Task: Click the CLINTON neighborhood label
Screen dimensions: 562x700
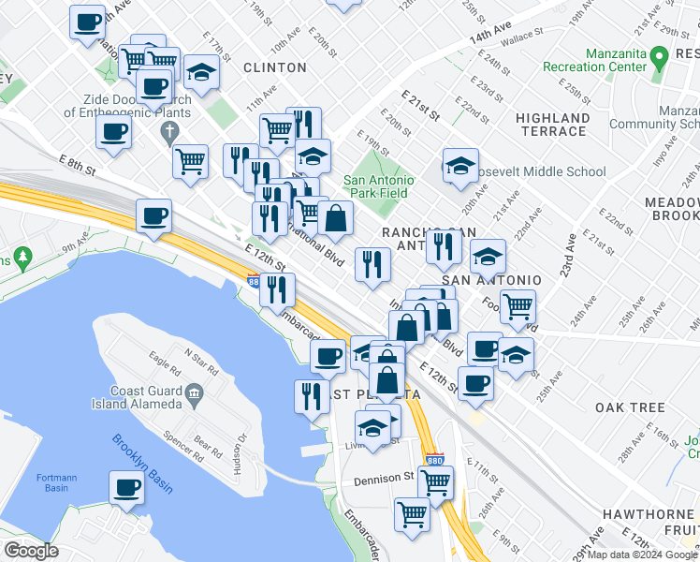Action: (x=275, y=67)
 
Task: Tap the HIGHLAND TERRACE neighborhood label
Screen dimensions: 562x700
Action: (x=552, y=125)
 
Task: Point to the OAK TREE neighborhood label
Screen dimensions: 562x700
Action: (x=630, y=407)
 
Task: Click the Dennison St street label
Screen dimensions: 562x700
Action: (x=384, y=478)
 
